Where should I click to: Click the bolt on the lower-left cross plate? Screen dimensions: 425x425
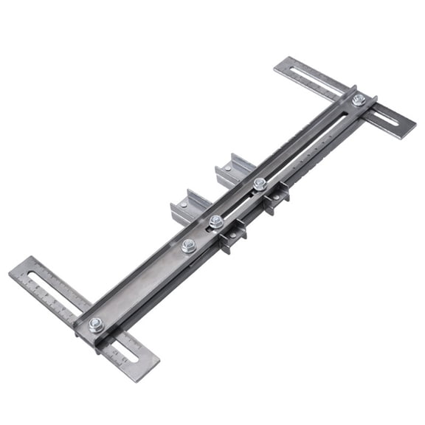click(x=95, y=325)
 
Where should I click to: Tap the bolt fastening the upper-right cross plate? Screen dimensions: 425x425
click(x=359, y=100)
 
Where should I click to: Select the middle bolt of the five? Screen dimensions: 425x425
click(x=215, y=221)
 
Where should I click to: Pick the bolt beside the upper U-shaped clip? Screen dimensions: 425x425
click(x=260, y=184)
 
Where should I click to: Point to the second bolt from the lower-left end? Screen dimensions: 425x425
click(x=189, y=245)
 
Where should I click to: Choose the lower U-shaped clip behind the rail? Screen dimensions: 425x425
click(x=190, y=208)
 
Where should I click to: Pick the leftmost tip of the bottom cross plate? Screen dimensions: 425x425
click(x=10, y=274)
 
